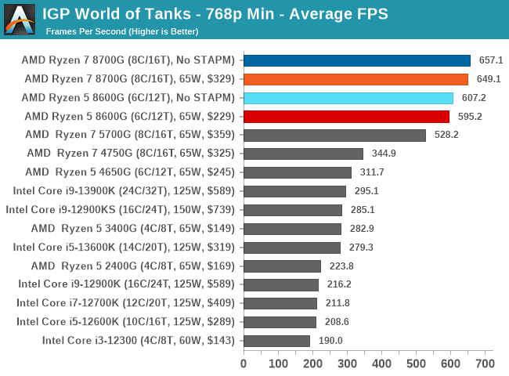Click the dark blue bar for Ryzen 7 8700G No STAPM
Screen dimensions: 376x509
[357, 60]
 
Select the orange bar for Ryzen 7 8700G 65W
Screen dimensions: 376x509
[356, 79]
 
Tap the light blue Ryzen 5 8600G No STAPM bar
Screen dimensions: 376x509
[348, 98]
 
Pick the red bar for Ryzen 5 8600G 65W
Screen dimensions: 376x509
[346, 117]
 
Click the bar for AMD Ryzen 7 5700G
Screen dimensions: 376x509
[334, 135]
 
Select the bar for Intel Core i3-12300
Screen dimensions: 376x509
[276, 341]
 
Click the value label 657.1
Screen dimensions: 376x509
[491, 60]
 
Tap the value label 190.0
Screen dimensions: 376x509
[330, 341]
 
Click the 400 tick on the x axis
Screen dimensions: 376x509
[381, 364]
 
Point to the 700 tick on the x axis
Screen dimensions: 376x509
[485, 364]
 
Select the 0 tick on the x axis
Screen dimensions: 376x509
[244, 364]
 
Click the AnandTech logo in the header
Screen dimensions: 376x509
[20, 20]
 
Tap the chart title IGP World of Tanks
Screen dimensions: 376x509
[215, 13]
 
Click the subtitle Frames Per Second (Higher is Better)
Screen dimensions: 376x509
[122, 31]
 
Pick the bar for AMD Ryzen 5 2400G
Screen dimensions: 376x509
[282, 266]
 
